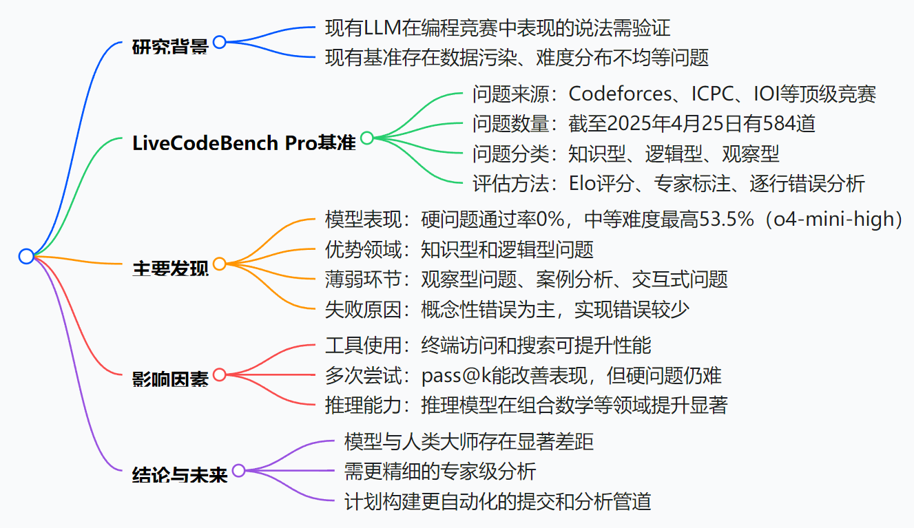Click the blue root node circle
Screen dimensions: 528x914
[x=26, y=257]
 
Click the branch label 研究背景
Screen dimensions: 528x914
[x=169, y=47]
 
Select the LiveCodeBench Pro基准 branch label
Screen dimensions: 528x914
[x=244, y=142]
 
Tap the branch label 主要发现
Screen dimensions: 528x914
[x=169, y=268]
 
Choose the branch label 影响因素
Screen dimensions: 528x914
[x=169, y=379]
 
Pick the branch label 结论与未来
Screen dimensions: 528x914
[x=179, y=475]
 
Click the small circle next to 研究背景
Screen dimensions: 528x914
[x=220, y=42]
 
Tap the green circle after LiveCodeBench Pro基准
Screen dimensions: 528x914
[x=367, y=138]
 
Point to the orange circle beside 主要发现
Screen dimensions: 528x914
[x=220, y=264]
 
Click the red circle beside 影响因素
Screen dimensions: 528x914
[x=220, y=374]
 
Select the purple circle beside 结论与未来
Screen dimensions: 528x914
[x=239, y=471]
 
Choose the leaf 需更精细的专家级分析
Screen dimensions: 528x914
[x=439, y=472]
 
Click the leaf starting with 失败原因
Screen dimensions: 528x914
[x=506, y=310]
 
